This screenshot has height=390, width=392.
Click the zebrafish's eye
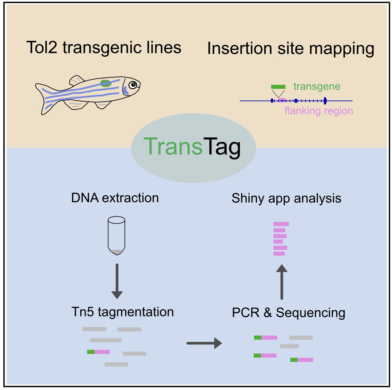pyautogui.click(x=133, y=84)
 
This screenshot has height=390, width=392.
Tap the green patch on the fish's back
pyautogui.click(x=106, y=83)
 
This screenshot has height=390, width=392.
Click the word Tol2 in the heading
pyautogui.click(x=42, y=47)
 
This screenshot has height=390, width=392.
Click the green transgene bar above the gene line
pyautogui.click(x=278, y=87)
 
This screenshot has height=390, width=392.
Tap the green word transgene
pyautogui.click(x=317, y=86)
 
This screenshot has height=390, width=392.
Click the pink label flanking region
pyautogui.click(x=319, y=111)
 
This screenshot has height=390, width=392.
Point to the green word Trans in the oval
pyautogui.click(x=173, y=146)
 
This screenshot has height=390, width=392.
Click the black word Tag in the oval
pyautogui.click(x=222, y=148)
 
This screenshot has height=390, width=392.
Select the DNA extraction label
pyautogui.click(x=115, y=198)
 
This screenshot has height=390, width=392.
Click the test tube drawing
pyautogui.click(x=116, y=236)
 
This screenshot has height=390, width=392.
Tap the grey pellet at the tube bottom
pyautogui.click(x=117, y=252)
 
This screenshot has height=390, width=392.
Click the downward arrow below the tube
pyautogui.click(x=117, y=281)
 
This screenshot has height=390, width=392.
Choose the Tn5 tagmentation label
pyautogui.click(x=122, y=312)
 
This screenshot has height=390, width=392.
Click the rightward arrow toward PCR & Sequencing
pyautogui.click(x=204, y=343)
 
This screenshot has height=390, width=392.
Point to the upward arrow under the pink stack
pyautogui.click(x=282, y=282)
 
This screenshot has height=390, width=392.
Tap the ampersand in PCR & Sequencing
pyautogui.click(x=267, y=312)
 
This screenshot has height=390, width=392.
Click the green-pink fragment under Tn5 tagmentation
pyautogui.click(x=98, y=352)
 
